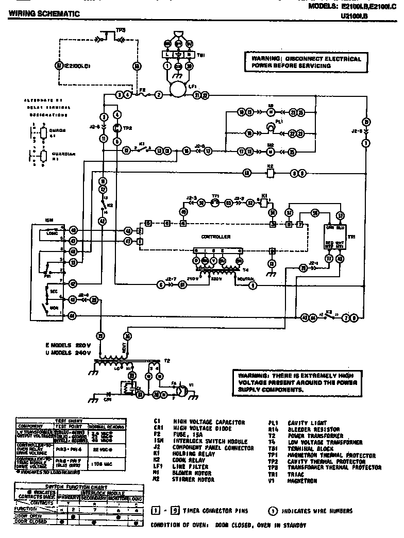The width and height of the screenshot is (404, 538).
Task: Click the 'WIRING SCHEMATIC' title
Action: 44,14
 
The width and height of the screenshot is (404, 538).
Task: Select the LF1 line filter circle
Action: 177,91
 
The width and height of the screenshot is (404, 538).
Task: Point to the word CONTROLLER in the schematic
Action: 216,237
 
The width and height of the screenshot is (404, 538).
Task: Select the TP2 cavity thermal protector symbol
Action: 116,128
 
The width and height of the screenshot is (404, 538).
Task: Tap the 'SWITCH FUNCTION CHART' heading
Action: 76,486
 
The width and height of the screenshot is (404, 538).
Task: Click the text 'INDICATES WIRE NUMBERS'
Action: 320,511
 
